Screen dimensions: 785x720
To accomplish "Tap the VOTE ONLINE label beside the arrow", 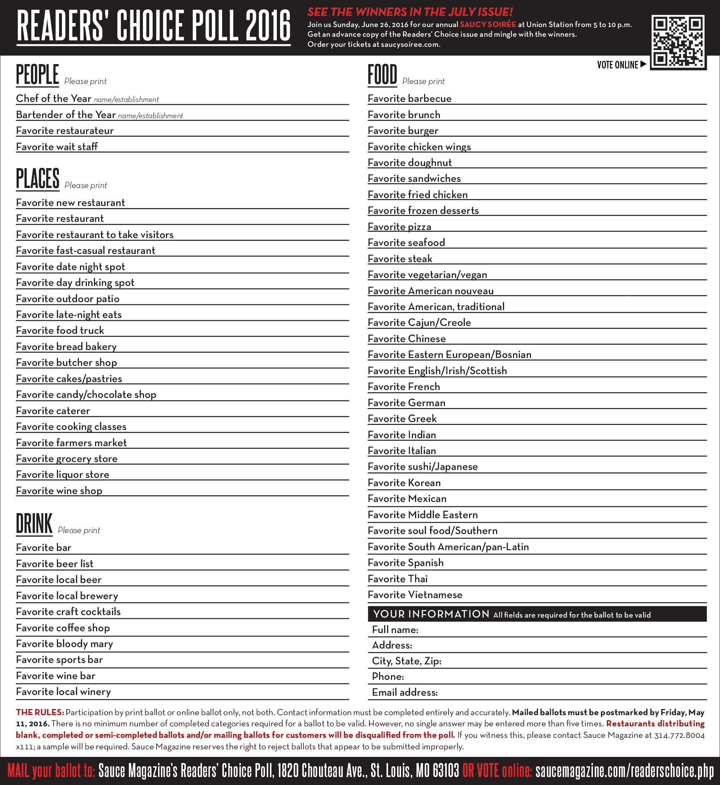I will tap(617, 65).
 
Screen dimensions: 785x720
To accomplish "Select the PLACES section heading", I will tap(38, 179).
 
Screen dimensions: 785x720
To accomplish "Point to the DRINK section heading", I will tap(34, 524).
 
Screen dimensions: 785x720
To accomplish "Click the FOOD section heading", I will tap(382, 75).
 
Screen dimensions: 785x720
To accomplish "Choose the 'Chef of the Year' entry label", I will tap(53, 99).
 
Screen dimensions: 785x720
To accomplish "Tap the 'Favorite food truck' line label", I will tap(60, 331).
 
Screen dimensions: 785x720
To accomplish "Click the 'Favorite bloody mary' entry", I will tap(64, 644).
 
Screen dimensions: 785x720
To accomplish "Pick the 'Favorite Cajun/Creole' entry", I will tap(419, 323).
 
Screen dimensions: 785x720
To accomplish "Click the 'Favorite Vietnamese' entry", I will tap(415, 595).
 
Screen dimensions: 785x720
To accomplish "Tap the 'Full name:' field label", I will tap(395, 630).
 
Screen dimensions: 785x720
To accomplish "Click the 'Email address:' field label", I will tap(404, 692).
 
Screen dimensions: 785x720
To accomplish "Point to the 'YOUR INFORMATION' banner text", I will tap(431, 614).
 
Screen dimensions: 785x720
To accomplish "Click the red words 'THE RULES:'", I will tap(40, 713).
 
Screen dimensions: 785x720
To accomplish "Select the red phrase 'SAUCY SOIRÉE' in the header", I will tap(488, 24).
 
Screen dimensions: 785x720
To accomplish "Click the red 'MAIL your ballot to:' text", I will tap(51, 771).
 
